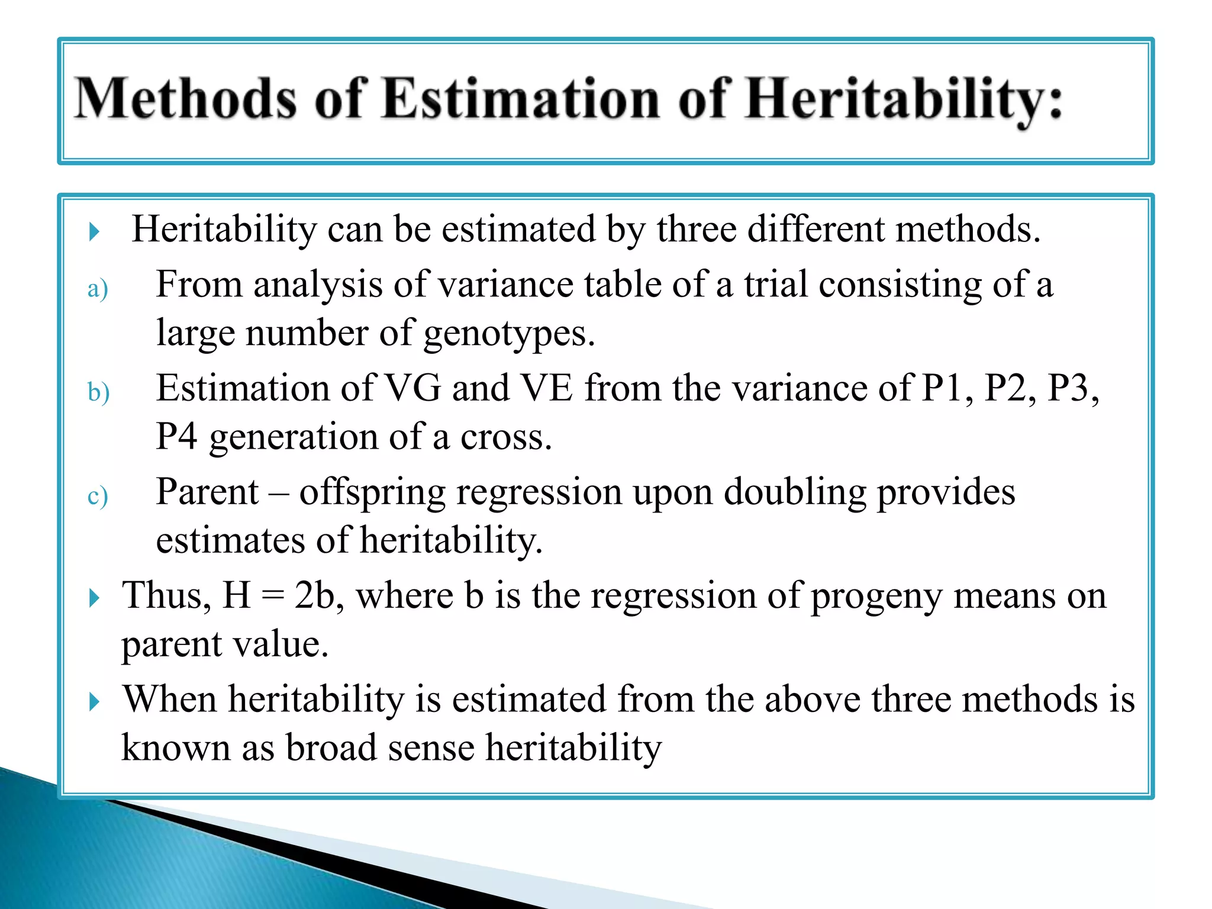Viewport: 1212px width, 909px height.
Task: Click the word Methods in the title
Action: [185, 99]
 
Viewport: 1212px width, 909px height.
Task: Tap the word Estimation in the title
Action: [521, 99]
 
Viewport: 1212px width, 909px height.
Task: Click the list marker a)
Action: [98, 289]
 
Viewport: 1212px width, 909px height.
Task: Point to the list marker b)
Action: [98, 392]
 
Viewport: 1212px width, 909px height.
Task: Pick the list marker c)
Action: [98, 496]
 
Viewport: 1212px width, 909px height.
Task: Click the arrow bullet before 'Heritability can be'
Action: [94, 231]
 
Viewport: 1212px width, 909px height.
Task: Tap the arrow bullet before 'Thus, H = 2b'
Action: [94, 598]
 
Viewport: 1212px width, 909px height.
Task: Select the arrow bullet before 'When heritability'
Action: [94, 702]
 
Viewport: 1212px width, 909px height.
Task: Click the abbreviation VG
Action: [413, 389]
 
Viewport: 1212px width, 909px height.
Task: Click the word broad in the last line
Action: [331, 747]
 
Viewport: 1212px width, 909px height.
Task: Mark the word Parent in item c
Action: [207, 492]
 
